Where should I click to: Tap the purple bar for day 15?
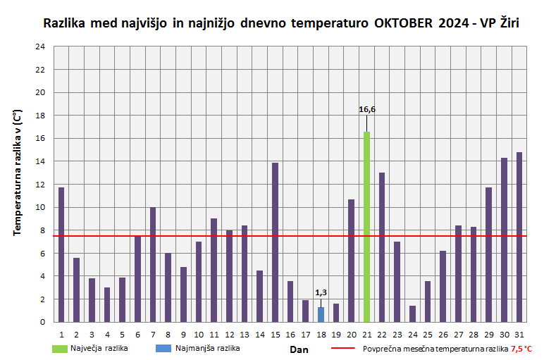(275, 242)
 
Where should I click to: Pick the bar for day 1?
(61, 254)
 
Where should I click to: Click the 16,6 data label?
(366, 109)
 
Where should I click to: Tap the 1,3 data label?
(321, 292)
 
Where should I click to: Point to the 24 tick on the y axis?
(40, 46)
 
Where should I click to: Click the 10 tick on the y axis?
(40, 207)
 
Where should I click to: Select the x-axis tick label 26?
(443, 334)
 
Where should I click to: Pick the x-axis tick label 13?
(245, 334)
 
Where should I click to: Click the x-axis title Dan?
(298, 349)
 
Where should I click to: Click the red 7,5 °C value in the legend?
(521, 349)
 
